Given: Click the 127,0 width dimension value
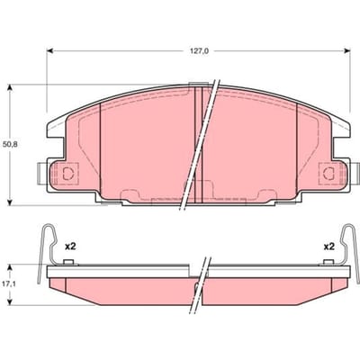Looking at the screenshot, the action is point(199,51).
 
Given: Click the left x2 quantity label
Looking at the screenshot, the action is point(71,247).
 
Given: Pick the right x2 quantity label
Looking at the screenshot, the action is point(328,247).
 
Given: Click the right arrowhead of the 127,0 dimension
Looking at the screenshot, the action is point(347,51).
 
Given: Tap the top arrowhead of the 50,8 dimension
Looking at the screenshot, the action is point(10,87).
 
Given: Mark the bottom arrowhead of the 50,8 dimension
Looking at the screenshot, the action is point(10,202).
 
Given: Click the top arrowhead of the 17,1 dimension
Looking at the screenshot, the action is point(10,267).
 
